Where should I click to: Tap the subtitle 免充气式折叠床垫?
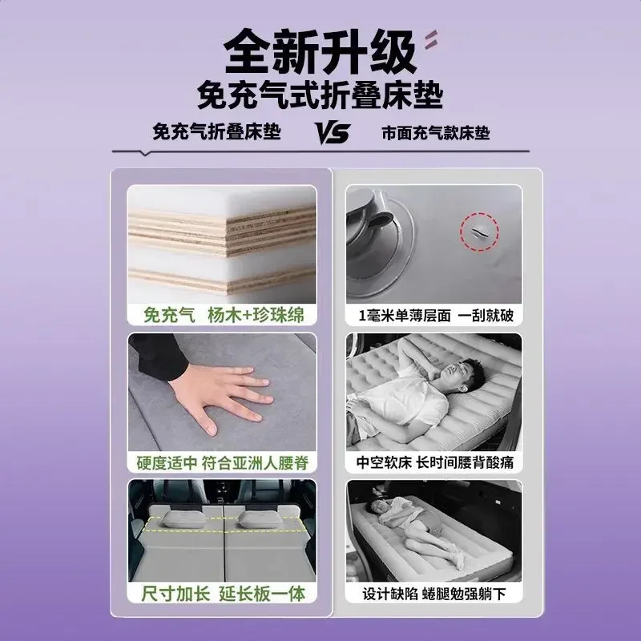320,95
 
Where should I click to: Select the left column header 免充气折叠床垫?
218,132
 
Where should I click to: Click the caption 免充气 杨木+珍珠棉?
221,313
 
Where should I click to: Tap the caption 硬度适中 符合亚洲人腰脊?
221,462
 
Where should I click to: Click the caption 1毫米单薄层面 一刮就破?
433,313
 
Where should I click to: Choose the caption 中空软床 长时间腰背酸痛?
433,462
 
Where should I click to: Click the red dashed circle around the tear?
478,232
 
